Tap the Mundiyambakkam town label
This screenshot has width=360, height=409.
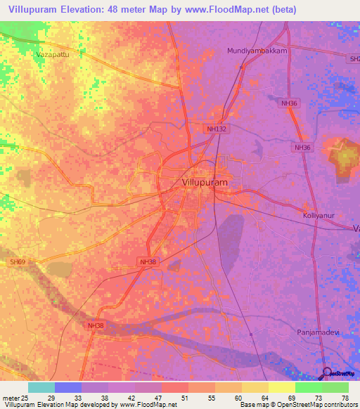[x=257, y=51]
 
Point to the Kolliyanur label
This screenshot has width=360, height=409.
[x=322, y=216]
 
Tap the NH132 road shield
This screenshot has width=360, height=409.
[x=216, y=129]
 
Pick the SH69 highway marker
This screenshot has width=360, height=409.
[x=17, y=261]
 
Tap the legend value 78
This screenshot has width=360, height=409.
[x=345, y=398]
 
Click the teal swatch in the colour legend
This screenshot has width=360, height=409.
[x=41, y=387]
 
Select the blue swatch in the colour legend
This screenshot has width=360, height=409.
[x=68, y=387]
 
